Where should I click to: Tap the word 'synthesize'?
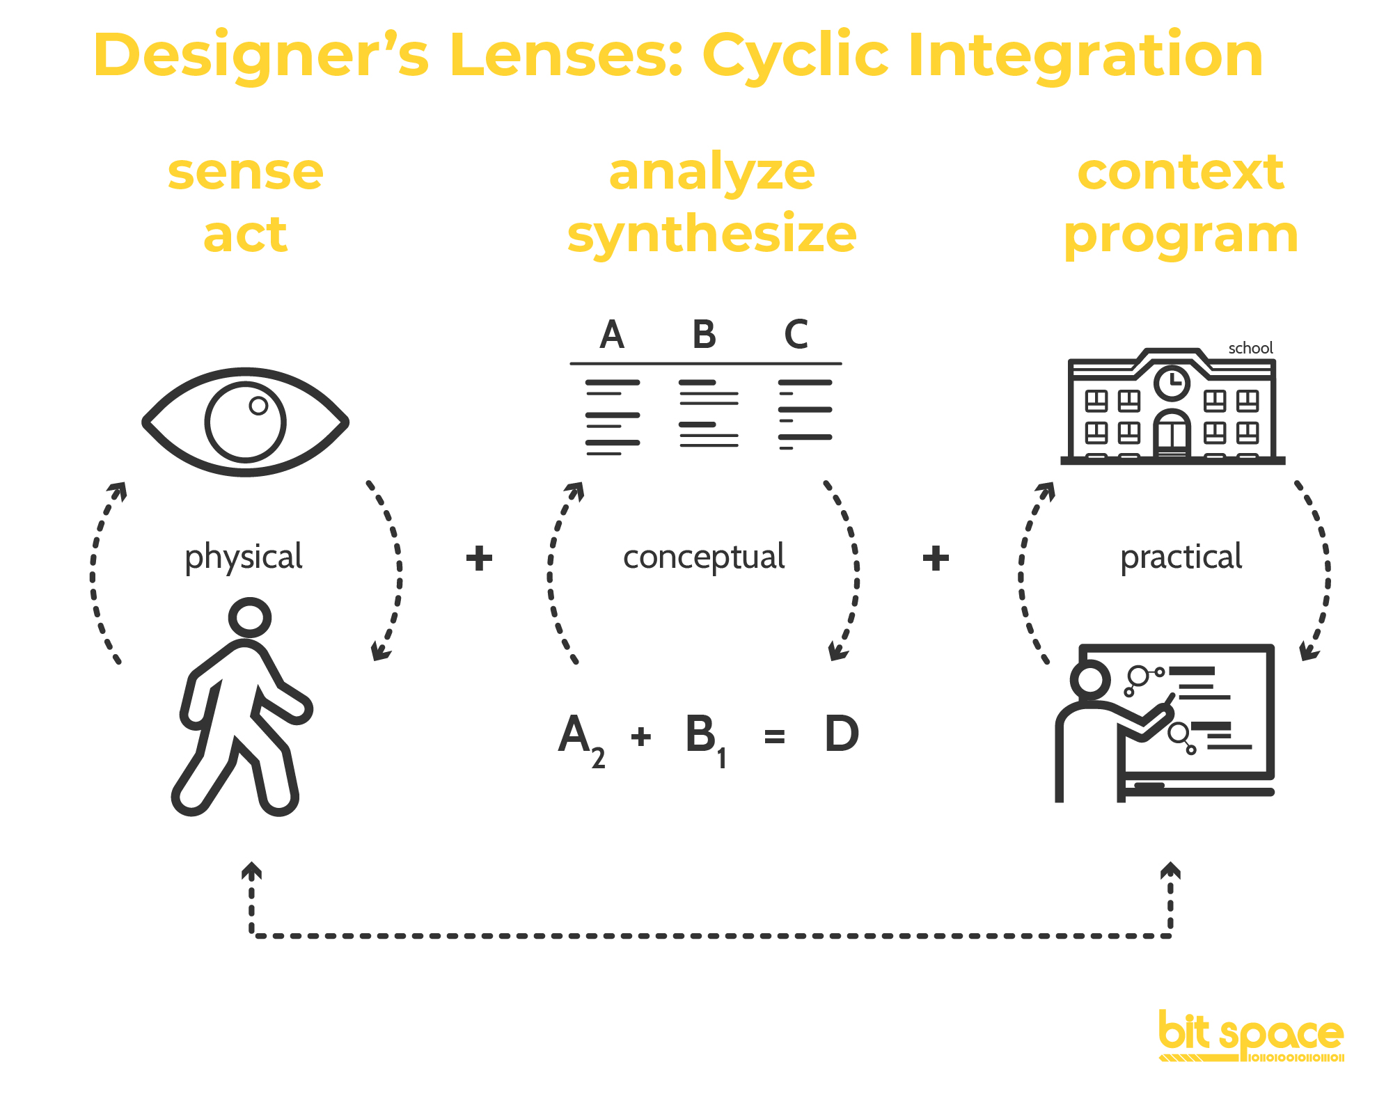coord(711,235)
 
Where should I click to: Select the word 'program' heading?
coord(1181,235)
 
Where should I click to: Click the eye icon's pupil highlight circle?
coord(258,406)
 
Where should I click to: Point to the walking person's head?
coord(249,617)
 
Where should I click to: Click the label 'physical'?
coord(244,557)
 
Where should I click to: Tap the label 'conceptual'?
coord(704,557)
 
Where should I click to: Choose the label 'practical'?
coord(1181,557)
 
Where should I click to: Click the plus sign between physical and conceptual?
coord(479,558)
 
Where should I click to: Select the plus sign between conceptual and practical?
coord(936,558)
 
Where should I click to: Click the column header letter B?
coord(704,335)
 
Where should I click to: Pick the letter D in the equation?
coord(841,734)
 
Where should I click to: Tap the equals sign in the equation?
coord(774,736)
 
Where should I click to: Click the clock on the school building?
coord(1172,382)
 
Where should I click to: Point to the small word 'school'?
coord(1250,348)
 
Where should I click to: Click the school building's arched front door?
coord(1172,434)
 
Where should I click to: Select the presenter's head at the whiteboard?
coord(1090,680)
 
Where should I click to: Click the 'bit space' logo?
coord(1251,1037)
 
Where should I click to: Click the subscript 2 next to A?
coord(598,758)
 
